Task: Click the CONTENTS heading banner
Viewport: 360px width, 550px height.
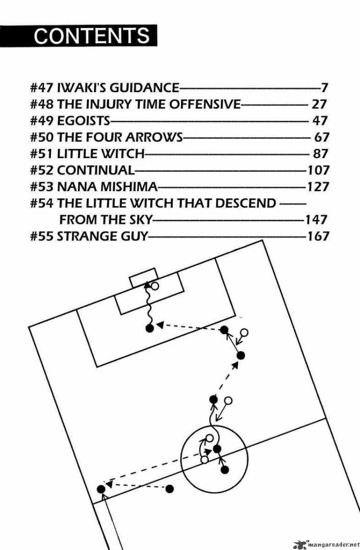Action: [x=92, y=35]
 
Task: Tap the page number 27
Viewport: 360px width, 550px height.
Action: [x=318, y=104]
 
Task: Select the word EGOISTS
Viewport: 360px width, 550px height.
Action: [x=83, y=121]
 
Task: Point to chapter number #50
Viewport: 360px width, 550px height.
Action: [x=42, y=137]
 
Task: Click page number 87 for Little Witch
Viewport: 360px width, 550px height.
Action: [x=320, y=154]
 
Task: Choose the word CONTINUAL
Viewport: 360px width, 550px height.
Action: [x=96, y=171]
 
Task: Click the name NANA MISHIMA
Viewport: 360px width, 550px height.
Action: [x=108, y=187]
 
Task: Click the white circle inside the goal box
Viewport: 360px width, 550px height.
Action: [x=155, y=286]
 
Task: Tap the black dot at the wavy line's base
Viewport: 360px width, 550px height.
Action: [x=150, y=328]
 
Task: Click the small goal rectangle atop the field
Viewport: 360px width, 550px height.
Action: [x=144, y=277]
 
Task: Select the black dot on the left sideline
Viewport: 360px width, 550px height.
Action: [x=101, y=489]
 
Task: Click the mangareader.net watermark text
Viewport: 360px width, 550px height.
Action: [x=330, y=545]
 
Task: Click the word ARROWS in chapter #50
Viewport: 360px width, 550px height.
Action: [x=155, y=137]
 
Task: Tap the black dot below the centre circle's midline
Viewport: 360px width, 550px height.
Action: [x=225, y=470]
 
